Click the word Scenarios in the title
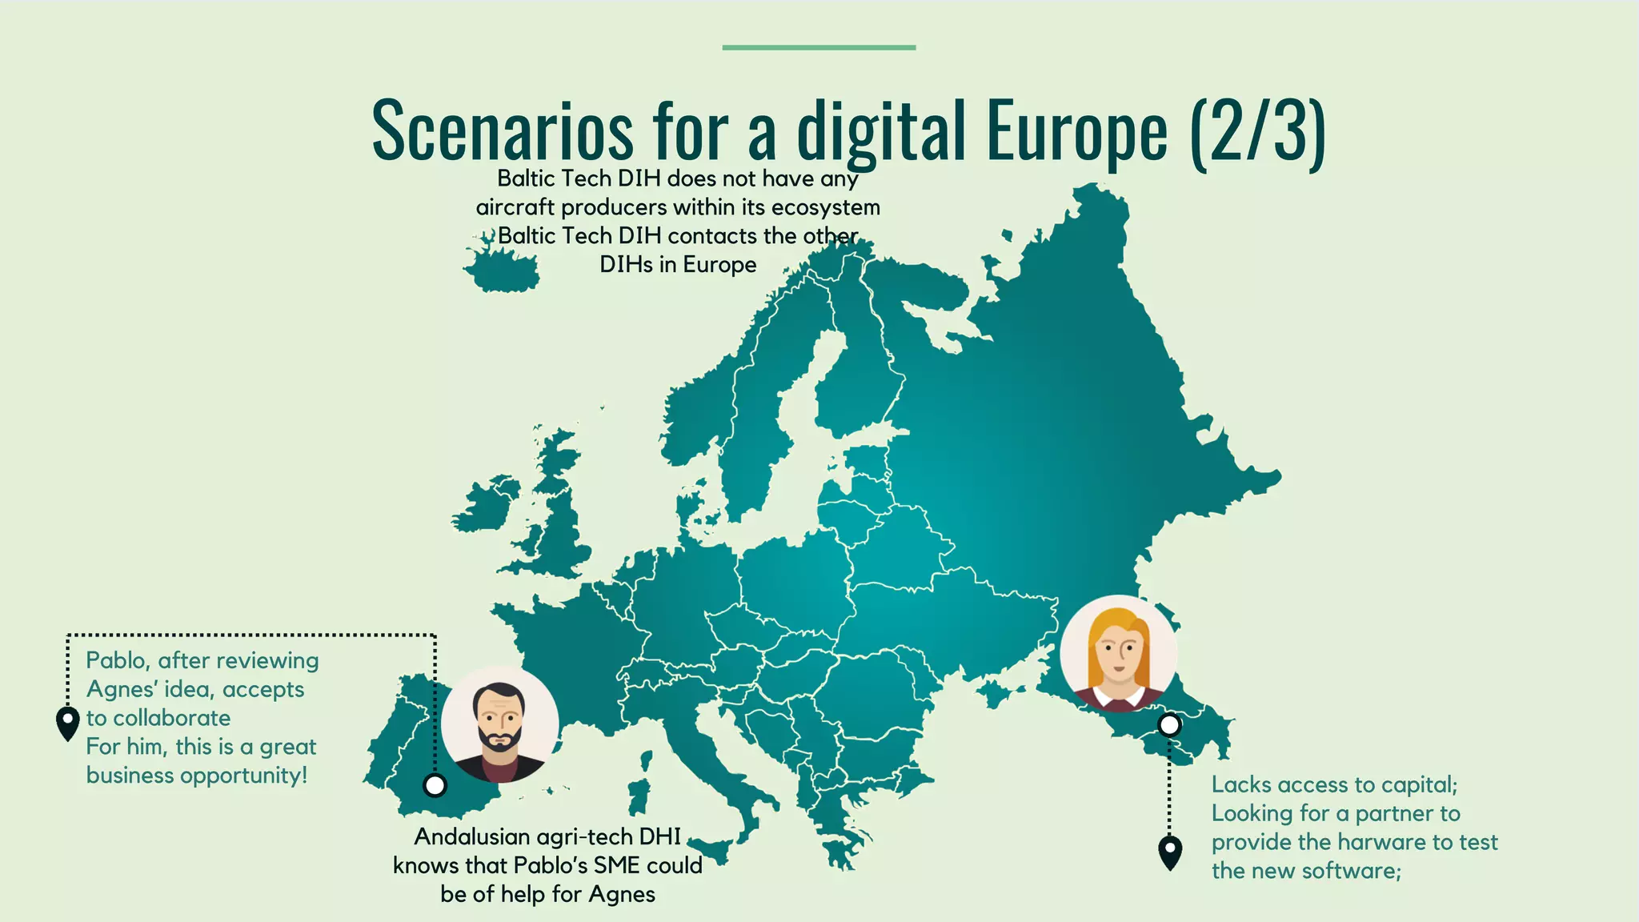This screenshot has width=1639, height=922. point(503,130)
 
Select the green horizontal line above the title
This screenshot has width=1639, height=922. point(819,48)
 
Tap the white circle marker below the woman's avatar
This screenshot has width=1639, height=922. point(1169,725)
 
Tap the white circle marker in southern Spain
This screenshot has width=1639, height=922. point(435,785)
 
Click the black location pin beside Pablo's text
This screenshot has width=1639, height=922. point(68,723)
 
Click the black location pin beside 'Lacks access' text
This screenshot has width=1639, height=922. point(1170,852)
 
